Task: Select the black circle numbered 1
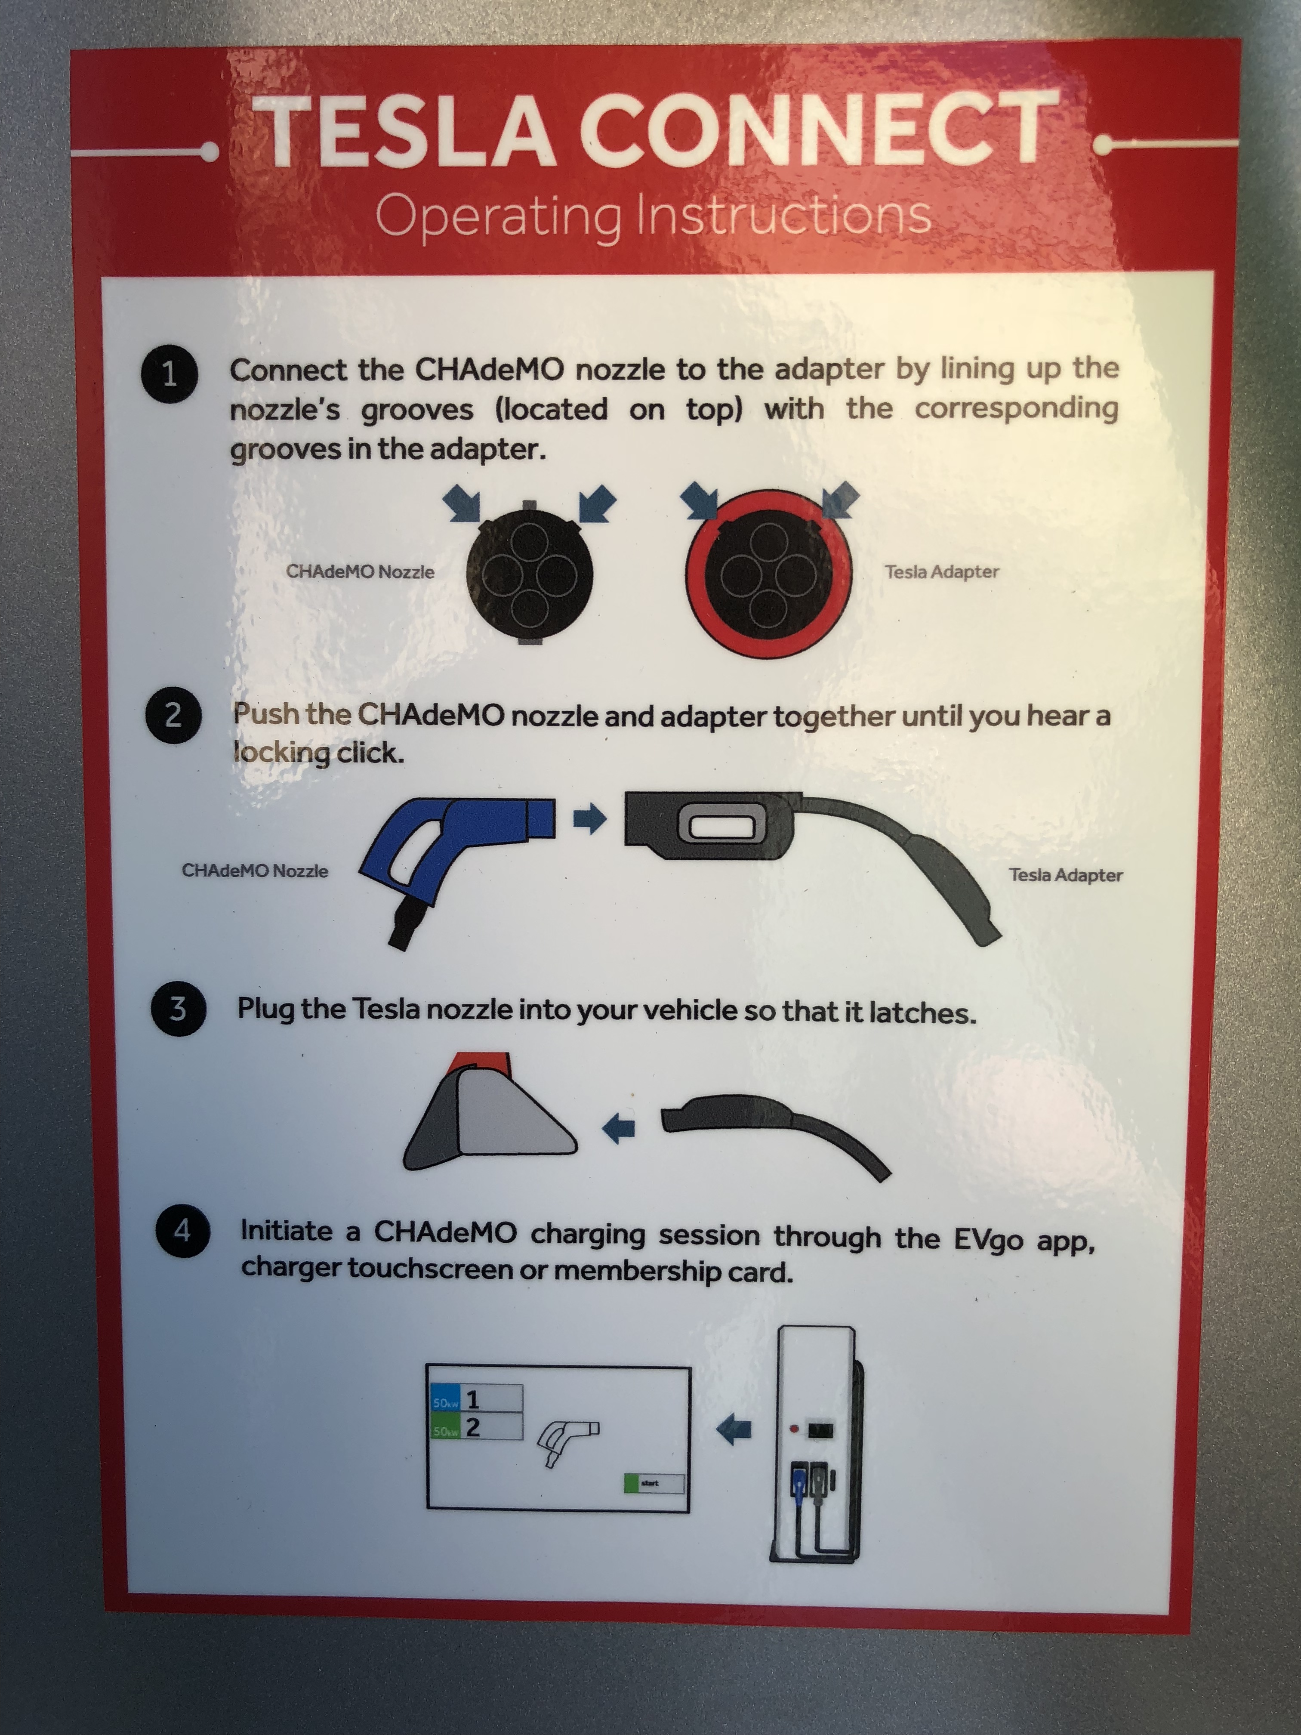pos(170,374)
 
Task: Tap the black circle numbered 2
pos(173,715)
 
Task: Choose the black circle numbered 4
pos(182,1230)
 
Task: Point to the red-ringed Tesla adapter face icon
pos(768,573)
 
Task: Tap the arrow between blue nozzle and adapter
pos(590,819)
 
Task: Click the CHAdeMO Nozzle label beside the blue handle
pos(255,871)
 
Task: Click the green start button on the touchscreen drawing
pos(653,1483)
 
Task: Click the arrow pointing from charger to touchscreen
pos(734,1430)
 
